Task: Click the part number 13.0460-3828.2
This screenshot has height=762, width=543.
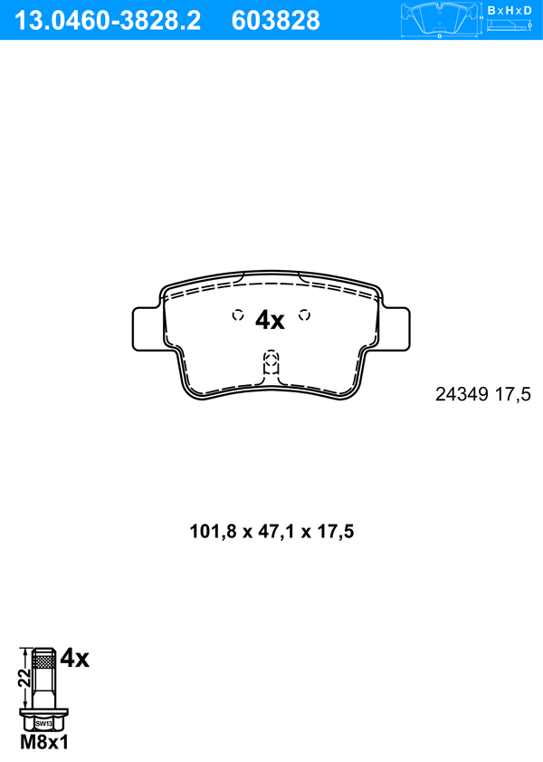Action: point(107,21)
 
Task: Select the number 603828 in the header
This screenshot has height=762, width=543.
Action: point(276,21)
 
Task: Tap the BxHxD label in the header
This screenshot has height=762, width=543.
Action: point(510,10)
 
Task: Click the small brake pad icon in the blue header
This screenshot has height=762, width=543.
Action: point(440,19)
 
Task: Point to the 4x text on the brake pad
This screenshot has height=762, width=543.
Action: point(270,320)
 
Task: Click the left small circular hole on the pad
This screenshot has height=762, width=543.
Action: point(238,315)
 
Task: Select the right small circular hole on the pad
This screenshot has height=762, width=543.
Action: point(304,315)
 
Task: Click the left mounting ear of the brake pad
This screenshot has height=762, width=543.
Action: point(146,329)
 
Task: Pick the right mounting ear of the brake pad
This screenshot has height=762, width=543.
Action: point(396,329)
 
